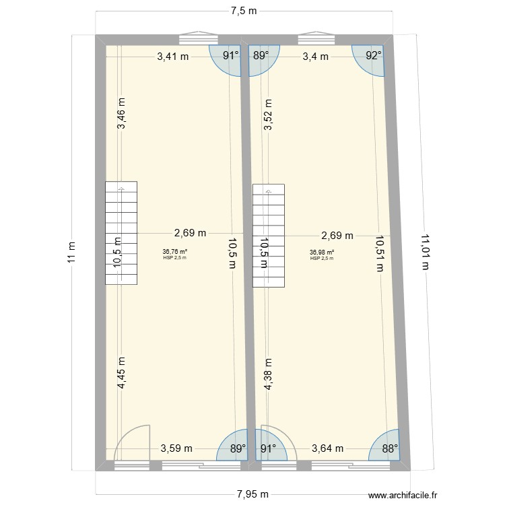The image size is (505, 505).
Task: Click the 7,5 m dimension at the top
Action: (243, 11)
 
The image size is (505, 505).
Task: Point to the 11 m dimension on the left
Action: (73, 252)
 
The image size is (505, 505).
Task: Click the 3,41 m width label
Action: (172, 57)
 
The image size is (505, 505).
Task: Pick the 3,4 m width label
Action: (315, 57)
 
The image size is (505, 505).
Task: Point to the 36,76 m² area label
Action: (174, 252)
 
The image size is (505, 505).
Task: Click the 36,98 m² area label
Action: (322, 252)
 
